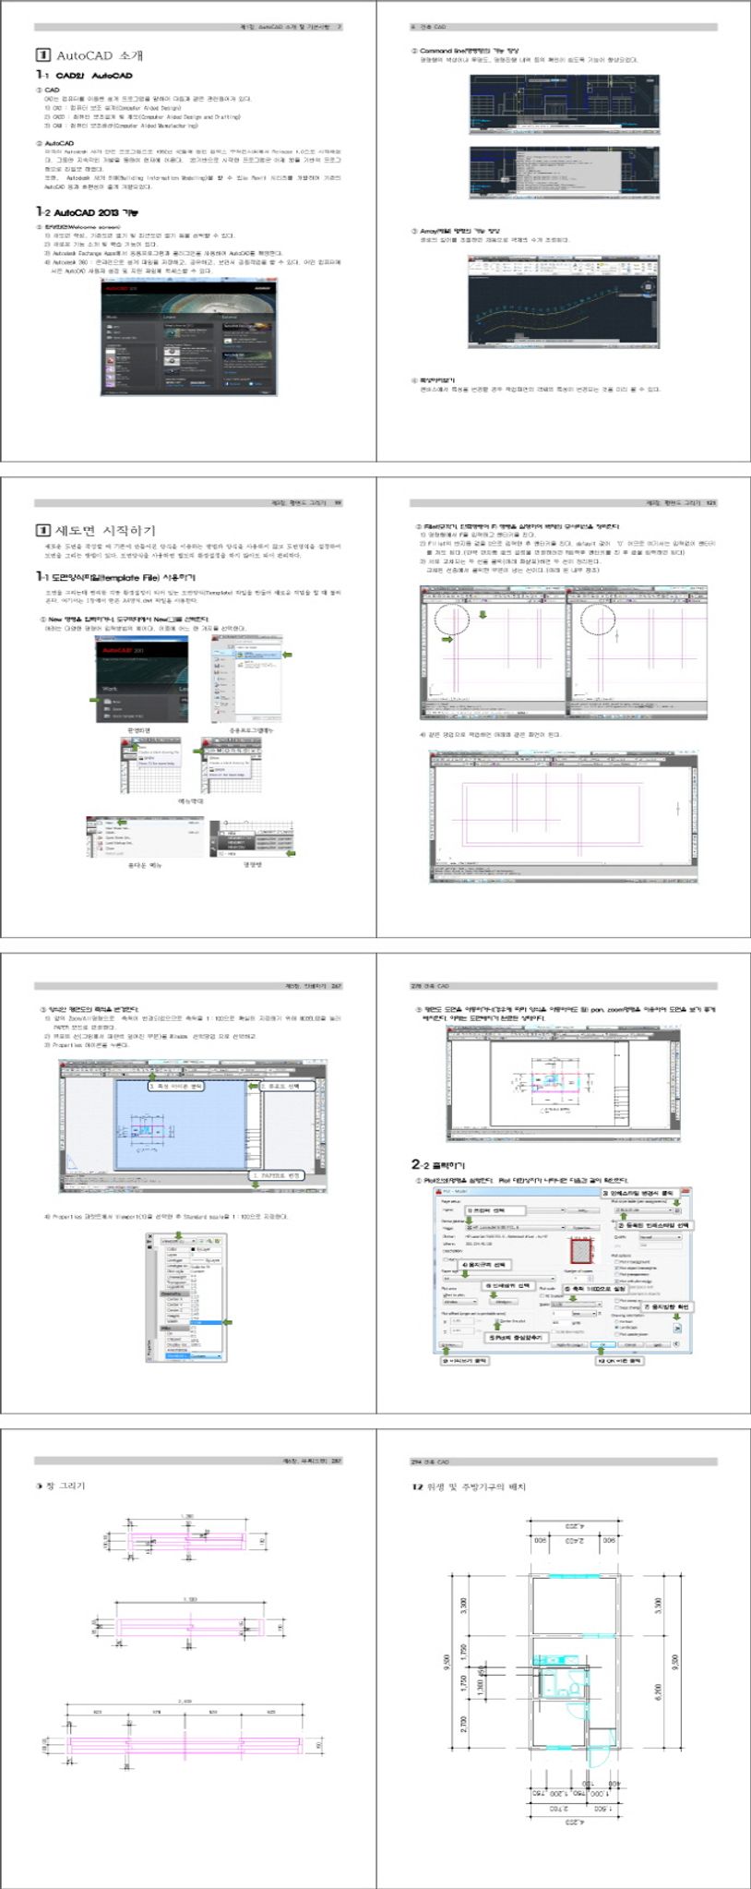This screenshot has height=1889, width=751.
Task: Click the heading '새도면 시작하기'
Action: (106, 530)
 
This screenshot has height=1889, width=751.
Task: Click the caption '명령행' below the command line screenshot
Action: (253, 864)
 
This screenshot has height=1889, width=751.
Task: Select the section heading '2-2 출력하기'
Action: (438, 1165)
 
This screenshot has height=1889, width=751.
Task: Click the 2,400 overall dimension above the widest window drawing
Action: (185, 1701)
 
